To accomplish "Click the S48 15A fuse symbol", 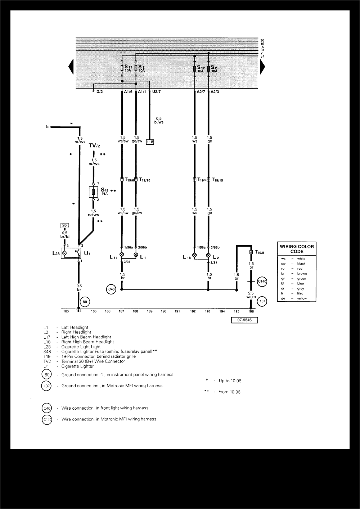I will [93, 192].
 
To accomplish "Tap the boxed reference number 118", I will [150, 142].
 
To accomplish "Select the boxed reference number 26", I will [64, 226].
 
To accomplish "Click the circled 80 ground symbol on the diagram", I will [85, 302].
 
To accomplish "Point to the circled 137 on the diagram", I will [262, 302].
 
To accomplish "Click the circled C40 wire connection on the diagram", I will [112, 289].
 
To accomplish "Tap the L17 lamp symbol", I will [122, 254].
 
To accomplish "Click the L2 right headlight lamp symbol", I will [208, 256].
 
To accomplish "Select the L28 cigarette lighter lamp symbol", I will [65, 253].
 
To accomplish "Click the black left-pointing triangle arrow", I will [71, 67].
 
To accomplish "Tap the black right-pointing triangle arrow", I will [262, 67].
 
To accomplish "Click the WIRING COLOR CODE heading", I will [297, 249].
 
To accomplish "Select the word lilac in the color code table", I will [300, 293].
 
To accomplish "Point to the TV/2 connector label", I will [94, 146].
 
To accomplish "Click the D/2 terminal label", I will [99, 92].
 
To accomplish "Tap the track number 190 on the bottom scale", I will [163, 311].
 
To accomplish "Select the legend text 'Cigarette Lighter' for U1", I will [77, 366].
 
